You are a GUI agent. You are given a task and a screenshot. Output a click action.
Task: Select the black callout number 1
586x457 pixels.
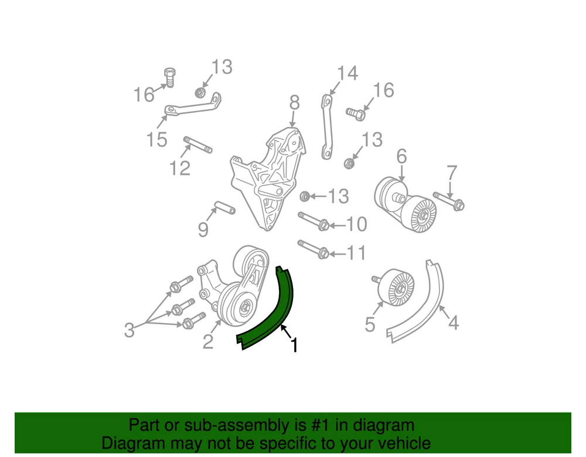295,345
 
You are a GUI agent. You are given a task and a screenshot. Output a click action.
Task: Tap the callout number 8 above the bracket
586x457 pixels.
295,102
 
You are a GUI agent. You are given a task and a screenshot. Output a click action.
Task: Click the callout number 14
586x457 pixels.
347,73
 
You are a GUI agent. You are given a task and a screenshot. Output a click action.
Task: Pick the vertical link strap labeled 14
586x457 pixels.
327,127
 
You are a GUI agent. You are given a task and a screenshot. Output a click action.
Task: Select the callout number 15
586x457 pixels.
156,139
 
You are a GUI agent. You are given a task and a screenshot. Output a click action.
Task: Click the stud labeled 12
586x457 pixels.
197,145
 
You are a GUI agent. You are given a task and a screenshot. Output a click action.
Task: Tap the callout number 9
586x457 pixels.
203,229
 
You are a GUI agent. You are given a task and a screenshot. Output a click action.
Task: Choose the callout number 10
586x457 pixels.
357,224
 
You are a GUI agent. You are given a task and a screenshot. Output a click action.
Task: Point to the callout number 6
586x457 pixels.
401,156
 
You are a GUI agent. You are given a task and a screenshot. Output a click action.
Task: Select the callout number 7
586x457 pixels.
452,173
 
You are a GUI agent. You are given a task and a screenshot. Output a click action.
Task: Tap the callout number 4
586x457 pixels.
453,322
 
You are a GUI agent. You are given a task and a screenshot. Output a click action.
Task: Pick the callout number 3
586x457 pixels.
130,330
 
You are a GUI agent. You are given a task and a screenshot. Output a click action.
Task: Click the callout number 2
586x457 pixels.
208,342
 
